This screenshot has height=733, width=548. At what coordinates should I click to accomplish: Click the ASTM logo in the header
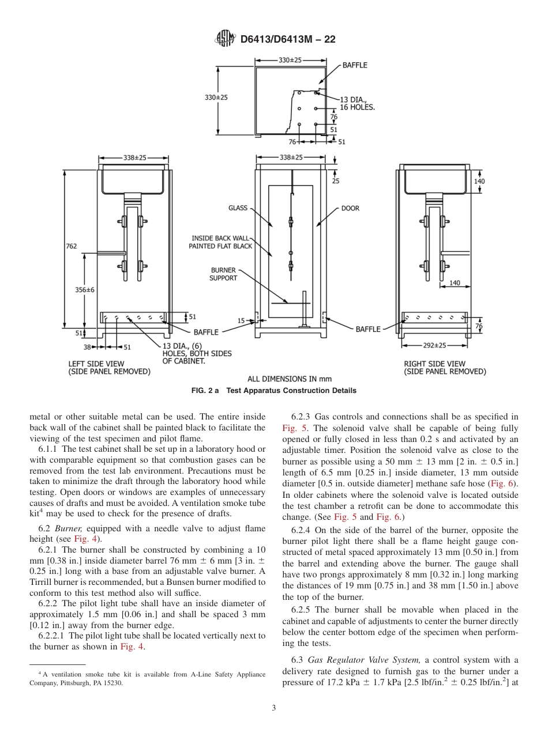coord(224,39)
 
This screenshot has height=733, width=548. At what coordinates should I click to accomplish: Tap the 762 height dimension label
coord(71,246)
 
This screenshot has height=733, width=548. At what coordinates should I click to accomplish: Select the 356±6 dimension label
coord(85,290)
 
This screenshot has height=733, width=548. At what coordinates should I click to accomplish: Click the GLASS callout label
coord(237,208)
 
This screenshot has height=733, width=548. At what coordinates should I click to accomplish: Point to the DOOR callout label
coord(350,208)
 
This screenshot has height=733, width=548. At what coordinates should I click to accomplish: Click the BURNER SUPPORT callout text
coord(223,274)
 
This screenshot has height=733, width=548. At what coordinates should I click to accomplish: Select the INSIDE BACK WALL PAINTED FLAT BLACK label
coord(221,242)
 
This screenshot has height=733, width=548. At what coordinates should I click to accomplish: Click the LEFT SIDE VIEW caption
coord(109,368)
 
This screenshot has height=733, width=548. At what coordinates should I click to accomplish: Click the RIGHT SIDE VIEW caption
coord(445,368)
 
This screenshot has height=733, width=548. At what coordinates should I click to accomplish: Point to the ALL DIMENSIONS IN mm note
coord(290,379)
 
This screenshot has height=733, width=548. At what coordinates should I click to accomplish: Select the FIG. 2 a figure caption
coord(273,391)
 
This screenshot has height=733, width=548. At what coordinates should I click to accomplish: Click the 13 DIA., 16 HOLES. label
coord(356,104)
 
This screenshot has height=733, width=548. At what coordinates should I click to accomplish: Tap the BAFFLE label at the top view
coord(355,65)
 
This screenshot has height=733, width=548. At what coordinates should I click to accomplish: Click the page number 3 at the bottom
coord(273,708)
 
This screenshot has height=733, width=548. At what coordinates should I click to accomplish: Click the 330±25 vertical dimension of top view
coord(216,97)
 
